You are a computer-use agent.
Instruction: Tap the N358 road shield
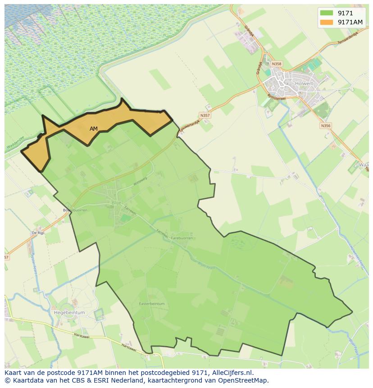pos(277,64)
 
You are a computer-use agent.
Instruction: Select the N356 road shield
pos(326,126)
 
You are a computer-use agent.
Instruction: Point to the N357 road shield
pos(205,115)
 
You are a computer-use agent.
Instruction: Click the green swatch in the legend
pos(327,13)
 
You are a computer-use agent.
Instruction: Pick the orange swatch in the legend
pos(327,22)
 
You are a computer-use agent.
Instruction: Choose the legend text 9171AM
pos(350,22)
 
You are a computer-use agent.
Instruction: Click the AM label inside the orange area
pos(94,129)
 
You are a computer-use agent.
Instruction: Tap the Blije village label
pos(116,203)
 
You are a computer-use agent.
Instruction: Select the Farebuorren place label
pos(182,238)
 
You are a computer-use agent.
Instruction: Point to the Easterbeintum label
pos(152,304)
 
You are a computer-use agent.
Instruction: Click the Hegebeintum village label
pos(69,312)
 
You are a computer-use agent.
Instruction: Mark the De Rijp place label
pos(38,233)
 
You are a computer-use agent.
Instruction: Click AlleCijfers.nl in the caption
pos(231,373)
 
